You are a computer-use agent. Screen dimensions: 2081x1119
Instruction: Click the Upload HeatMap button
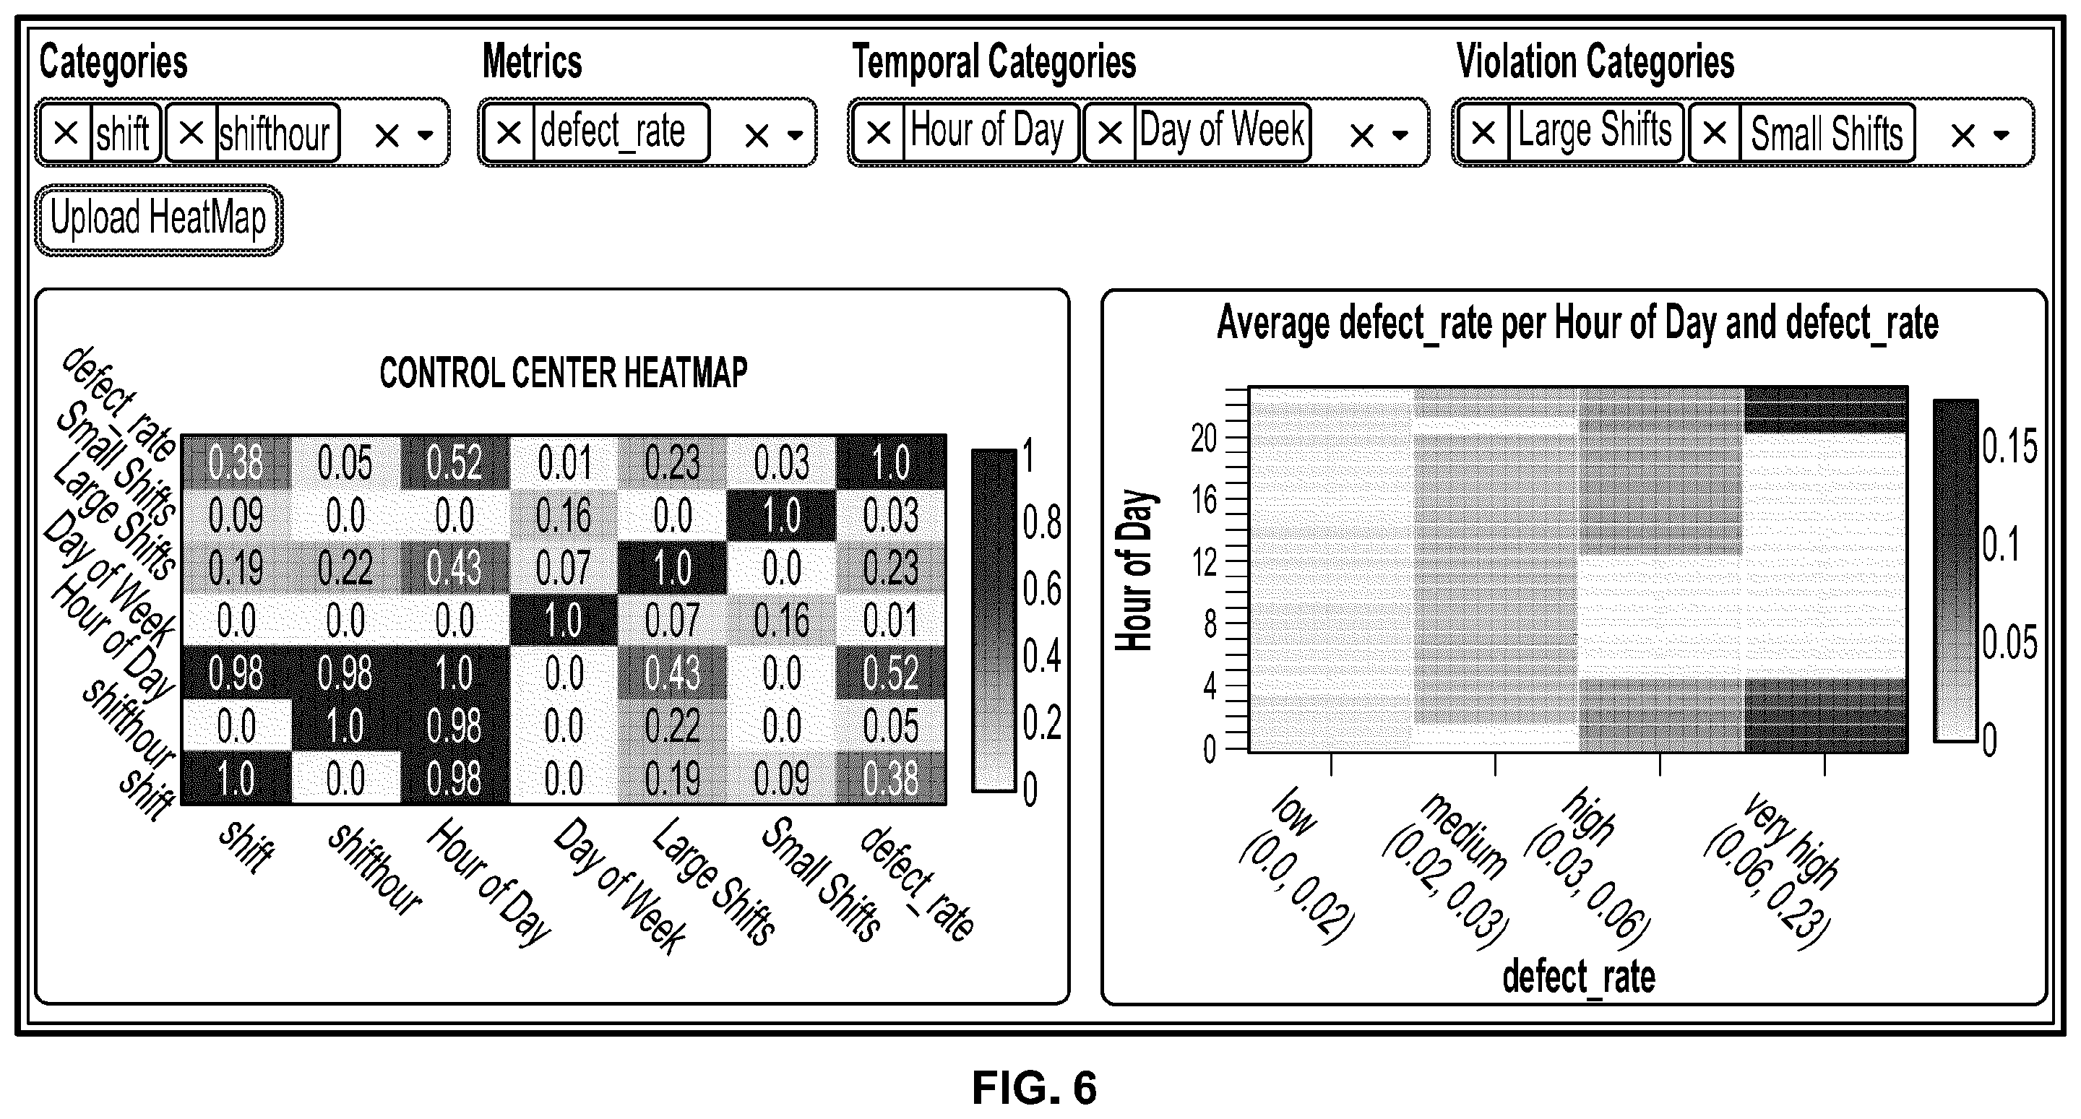coord(158,220)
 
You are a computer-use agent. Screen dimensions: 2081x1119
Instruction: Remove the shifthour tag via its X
coord(191,132)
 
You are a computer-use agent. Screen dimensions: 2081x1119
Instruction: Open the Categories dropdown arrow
coord(426,136)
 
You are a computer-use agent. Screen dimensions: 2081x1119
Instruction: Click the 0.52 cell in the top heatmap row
coord(454,462)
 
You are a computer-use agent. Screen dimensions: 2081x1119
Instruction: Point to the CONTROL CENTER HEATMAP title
coord(564,373)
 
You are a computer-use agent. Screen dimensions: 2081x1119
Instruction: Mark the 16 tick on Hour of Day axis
coord(1204,501)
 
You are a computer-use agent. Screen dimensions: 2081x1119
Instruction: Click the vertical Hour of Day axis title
coord(1134,571)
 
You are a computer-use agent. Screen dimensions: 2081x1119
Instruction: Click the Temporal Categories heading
coord(994,62)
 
